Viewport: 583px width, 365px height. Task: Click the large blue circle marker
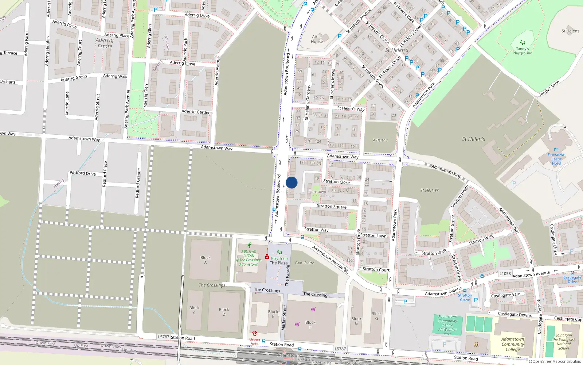pos(291,182)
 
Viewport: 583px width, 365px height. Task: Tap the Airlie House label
pos(317,39)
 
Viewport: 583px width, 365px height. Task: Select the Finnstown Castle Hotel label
pos(556,159)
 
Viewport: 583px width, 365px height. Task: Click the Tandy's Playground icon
pos(523,43)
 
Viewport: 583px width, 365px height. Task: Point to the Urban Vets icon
pos(255,334)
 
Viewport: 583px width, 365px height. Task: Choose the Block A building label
pos(206,260)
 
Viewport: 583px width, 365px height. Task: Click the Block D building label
pos(224,312)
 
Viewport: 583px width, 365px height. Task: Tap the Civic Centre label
pos(304,263)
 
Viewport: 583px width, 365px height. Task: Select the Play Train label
pos(279,258)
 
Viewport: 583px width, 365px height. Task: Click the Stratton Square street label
pos(332,206)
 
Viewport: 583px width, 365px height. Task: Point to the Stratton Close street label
pos(336,182)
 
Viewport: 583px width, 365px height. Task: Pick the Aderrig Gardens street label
pos(197,112)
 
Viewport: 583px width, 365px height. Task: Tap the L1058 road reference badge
pos(505,273)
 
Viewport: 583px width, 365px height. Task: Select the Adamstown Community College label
pos(513,344)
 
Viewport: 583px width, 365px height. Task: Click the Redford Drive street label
pos(83,173)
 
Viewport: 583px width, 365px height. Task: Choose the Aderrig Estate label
pos(105,43)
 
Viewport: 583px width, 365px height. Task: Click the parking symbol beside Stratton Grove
pos(476,300)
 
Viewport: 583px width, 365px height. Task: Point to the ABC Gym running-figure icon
pos(249,245)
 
